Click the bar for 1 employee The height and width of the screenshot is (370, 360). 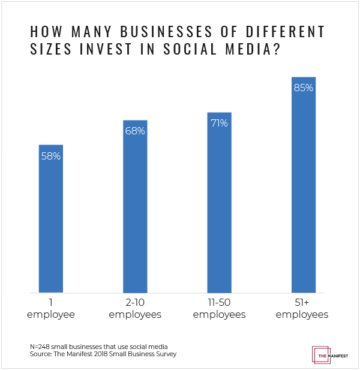(51, 219)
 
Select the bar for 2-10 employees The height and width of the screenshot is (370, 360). (135, 207)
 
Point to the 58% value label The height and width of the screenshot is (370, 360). (51, 156)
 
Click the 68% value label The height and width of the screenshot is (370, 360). (135, 131)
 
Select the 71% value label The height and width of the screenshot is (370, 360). (219, 124)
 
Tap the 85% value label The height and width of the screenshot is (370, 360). (303, 88)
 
